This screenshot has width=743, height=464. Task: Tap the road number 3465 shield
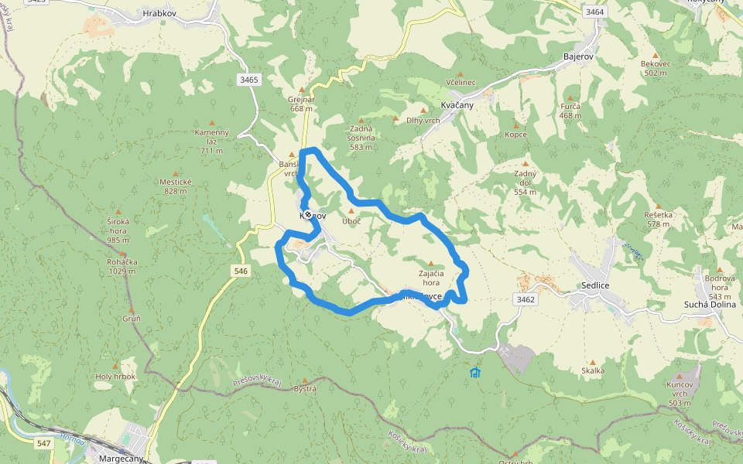click(249, 79)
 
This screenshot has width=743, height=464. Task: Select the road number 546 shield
click(241, 271)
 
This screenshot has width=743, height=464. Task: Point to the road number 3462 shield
click(525, 299)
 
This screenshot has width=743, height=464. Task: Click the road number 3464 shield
click(594, 12)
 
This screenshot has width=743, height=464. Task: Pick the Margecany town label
click(122, 458)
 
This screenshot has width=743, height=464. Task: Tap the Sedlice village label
click(595, 285)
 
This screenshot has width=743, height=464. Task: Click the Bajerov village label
click(578, 57)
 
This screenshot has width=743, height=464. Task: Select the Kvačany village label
click(457, 104)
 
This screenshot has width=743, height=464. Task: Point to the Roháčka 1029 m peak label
click(122, 266)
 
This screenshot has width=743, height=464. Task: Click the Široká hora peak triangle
click(118, 211)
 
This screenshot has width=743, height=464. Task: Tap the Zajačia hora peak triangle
click(431, 264)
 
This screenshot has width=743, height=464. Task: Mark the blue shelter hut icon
click(475, 373)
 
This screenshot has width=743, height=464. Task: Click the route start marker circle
click(308, 214)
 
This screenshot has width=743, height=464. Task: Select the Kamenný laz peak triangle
click(212, 122)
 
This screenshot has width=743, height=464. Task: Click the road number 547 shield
click(44, 442)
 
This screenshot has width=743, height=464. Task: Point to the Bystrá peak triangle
click(306, 380)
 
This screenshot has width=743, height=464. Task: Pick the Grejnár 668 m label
click(301, 104)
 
